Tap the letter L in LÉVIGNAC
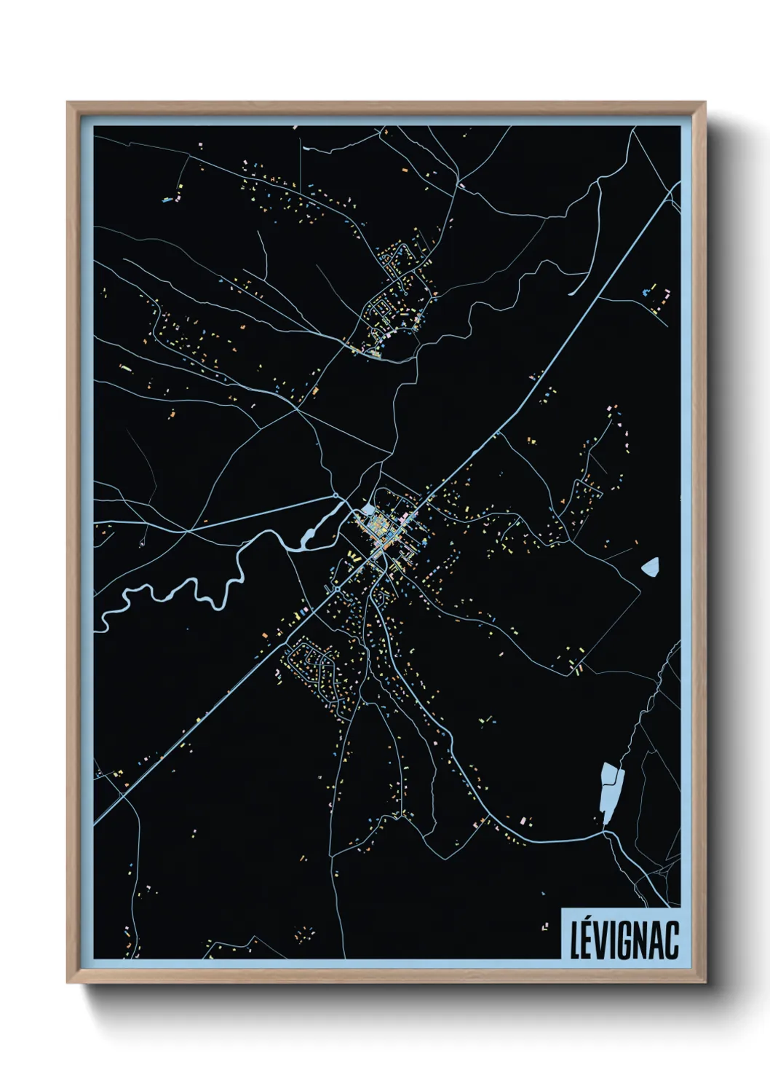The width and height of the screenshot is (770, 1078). tap(575, 940)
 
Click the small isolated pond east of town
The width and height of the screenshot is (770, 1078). tap(650, 566)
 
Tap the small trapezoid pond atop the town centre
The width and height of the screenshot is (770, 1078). tap(368, 510)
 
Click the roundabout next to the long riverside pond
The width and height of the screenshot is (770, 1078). tap(336, 497)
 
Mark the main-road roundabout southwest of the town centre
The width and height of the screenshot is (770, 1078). tap(338, 589)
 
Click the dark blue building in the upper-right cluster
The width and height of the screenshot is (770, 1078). tap(646, 293)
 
